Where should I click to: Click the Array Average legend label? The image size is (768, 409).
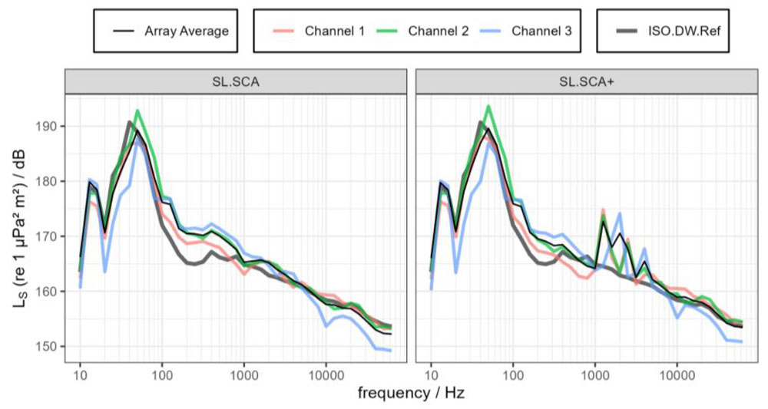187,31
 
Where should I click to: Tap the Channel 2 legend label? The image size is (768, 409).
439,31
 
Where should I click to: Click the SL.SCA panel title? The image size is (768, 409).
236,81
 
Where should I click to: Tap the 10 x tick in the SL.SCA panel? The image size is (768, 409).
80,374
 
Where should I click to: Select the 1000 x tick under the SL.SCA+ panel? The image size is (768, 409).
594,374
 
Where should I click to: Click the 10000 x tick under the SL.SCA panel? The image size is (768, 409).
326,374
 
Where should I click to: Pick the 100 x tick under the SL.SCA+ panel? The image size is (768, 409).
513,374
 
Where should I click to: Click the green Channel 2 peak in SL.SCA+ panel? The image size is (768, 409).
488,106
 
